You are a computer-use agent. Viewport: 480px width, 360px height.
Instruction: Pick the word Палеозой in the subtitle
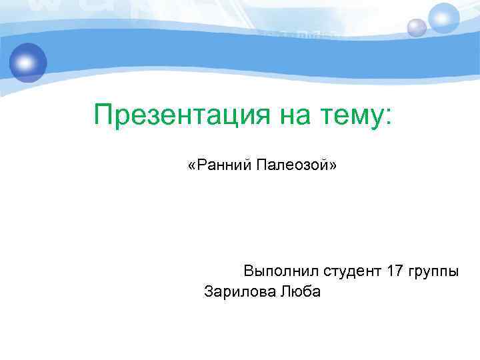[x=295, y=164]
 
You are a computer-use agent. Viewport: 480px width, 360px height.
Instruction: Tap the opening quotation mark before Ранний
[x=191, y=165]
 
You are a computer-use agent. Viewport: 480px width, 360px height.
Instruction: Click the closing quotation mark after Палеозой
[x=333, y=165]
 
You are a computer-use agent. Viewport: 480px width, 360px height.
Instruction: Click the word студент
[x=351, y=271]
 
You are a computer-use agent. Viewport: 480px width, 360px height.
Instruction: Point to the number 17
[x=395, y=271]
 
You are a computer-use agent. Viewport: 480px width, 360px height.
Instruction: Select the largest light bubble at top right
[x=444, y=18]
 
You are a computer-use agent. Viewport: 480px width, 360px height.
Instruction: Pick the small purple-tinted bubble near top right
[x=417, y=27]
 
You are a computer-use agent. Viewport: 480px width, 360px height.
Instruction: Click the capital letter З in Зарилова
[x=209, y=291]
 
